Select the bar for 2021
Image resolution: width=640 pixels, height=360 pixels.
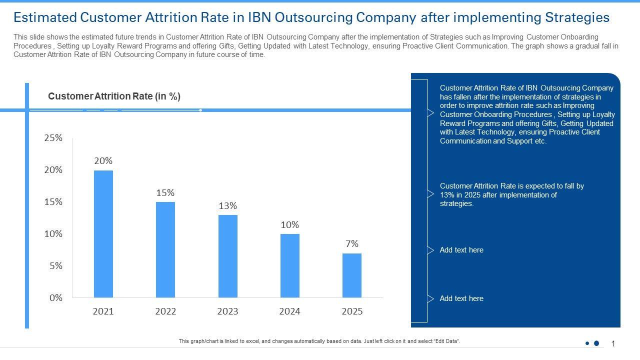pyautogui.click(x=103, y=234)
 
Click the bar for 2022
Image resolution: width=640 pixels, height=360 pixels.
pyautogui.click(x=165, y=249)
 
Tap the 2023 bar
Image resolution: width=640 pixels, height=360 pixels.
pyautogui.click(x=227, y=256)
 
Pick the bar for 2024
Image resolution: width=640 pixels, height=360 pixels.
pyautogui.click(x=289, y=265)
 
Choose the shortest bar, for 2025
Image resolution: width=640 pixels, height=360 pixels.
pyautogui.click(x=351, y=275)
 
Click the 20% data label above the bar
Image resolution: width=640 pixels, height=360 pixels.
pyautogui.click(x=103, y=161)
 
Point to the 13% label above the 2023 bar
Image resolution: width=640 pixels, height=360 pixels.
pyautogui.click(x=227, y=206)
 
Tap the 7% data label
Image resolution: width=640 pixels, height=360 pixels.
pyautogui.click(x=351, y=244)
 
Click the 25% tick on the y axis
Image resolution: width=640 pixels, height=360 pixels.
pyautogui.click(x=53, y=138)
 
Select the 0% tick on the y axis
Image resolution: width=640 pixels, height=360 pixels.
pyautogui.click(x=56, y=298)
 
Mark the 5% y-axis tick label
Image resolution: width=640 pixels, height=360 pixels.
pyautogui.click(x=56, y=266)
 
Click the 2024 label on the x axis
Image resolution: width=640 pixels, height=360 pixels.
pyautogui.click(x=289, y=311)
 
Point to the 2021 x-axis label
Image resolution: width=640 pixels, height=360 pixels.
pyautogui.click(x=103, y=311)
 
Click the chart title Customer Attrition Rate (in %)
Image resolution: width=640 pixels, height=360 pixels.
pyautogui.click(x=114, y=96)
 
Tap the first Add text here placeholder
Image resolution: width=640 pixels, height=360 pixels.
pyautogui.click(x=461, y=250)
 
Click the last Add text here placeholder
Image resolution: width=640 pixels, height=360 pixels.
pyautogui.click(x=461, y=298)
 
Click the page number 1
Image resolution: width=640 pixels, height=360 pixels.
pyautogui.click(x=613, y=343)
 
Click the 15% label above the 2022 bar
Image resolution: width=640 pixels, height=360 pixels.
pyautogui.click(x=165, y=193)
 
